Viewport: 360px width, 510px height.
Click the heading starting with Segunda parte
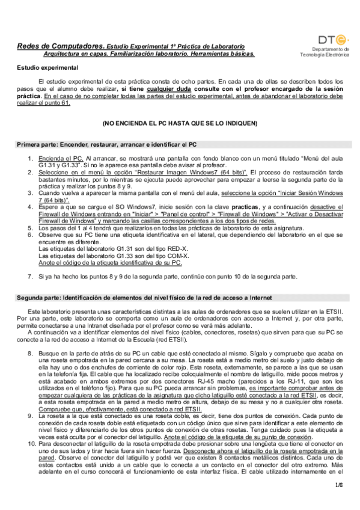click(x=144, y=298)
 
